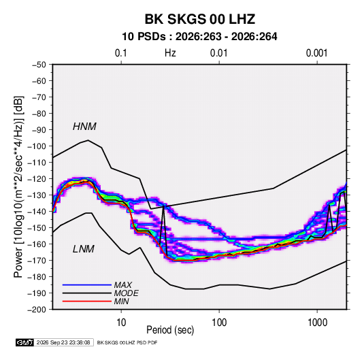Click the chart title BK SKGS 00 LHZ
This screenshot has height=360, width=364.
(200, 19)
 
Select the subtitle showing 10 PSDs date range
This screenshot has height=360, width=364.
(199, 37)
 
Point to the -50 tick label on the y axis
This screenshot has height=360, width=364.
(39, 65)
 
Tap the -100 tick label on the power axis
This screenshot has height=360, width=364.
(37, 146)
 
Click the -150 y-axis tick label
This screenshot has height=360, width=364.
(37, 227)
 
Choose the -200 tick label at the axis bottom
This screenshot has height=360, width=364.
(37, 310)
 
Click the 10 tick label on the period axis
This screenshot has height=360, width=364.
(121, 323)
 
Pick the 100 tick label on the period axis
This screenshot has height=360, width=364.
(219, 323)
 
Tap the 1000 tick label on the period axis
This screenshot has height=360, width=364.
(317, 323)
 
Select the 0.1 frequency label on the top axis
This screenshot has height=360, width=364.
(121, 53)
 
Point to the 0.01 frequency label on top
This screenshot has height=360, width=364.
(218, 53)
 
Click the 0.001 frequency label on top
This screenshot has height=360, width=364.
(316, 53)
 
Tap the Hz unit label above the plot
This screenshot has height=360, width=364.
(170, 53)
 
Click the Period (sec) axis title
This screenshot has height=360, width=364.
(170, 330)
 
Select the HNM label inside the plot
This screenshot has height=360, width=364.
(84, 127)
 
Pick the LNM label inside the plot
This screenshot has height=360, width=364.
(84, 249)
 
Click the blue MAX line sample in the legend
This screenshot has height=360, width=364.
(87, 285)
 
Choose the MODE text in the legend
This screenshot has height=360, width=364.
(127, 293)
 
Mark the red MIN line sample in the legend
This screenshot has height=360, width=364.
(87, 301)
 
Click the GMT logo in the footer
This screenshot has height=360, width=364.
(24, 342)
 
